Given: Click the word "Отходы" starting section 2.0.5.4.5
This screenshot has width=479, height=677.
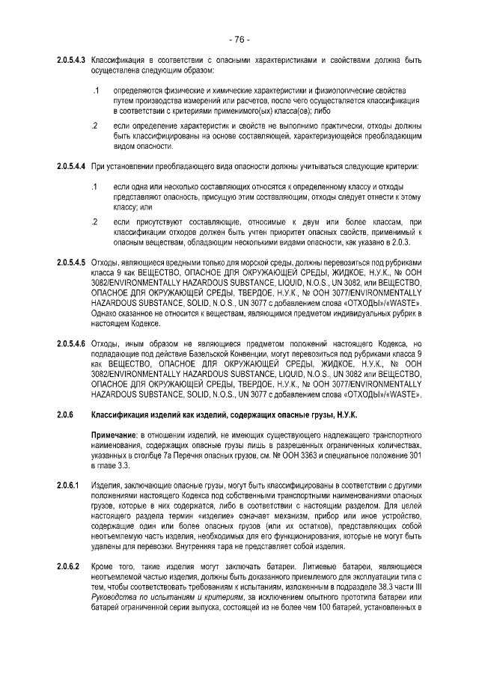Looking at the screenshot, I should tap(104, 263).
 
